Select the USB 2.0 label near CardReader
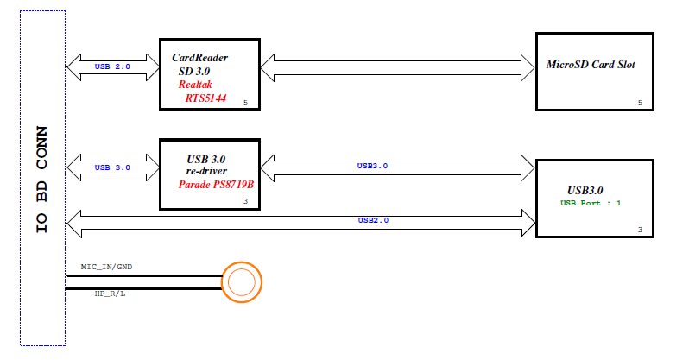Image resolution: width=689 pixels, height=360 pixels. tap(111, 66)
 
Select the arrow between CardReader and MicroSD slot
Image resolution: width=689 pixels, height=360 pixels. tap(397, 66)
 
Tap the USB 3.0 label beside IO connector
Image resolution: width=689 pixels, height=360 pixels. tap(111, 167)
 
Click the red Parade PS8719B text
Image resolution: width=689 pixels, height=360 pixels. tap(216, 185)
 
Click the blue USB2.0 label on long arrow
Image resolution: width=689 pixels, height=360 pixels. tap(373, 220)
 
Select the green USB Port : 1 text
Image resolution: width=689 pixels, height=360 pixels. tap(591, 203)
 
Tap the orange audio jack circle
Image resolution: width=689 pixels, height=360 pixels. tap(241, 282)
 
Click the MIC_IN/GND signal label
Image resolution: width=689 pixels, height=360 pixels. tap(107, 268)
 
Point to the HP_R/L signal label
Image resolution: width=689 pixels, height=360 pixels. tap(110, 294)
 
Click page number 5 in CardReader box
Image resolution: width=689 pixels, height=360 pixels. tap(246, 104)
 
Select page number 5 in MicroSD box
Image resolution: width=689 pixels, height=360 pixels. tap(639, 104)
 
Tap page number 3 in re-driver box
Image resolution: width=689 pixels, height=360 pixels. tap(246, 202)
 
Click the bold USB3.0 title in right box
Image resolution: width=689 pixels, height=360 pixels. tap(585, 190)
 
